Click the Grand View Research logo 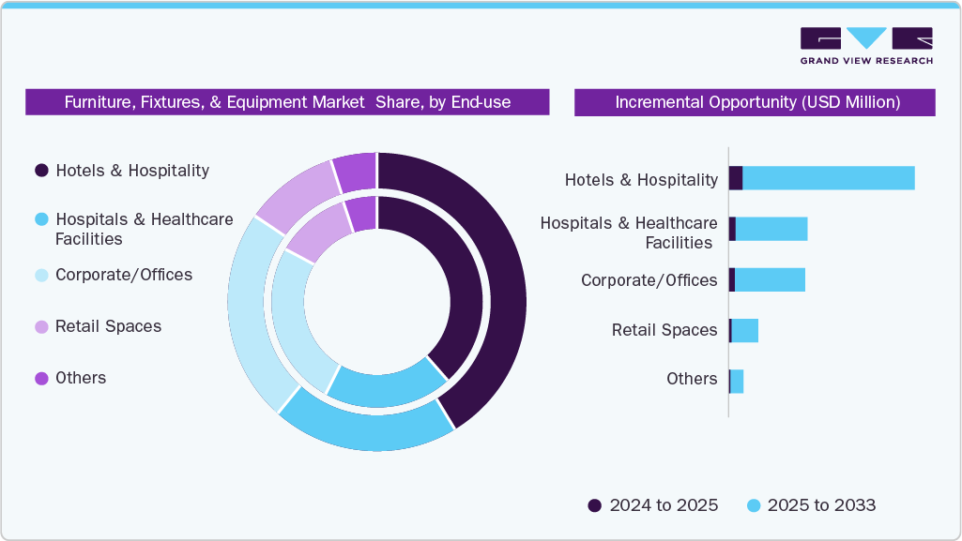point(865,45)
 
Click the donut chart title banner point(287,102)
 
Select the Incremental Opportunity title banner point(755,102)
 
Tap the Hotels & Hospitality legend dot point(41,171)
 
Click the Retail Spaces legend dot point(41,327)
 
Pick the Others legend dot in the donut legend point(41,379)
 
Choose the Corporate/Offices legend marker point(41,276)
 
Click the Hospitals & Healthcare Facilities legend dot point(41,219)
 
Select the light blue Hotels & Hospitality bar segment point(828,178)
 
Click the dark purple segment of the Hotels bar point(736,178)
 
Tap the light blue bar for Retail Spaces point(744,330)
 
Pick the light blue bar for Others point(737,381)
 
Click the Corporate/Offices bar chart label point(649,280)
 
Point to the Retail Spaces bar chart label point(664,330)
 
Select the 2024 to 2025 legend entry point(653,505)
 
